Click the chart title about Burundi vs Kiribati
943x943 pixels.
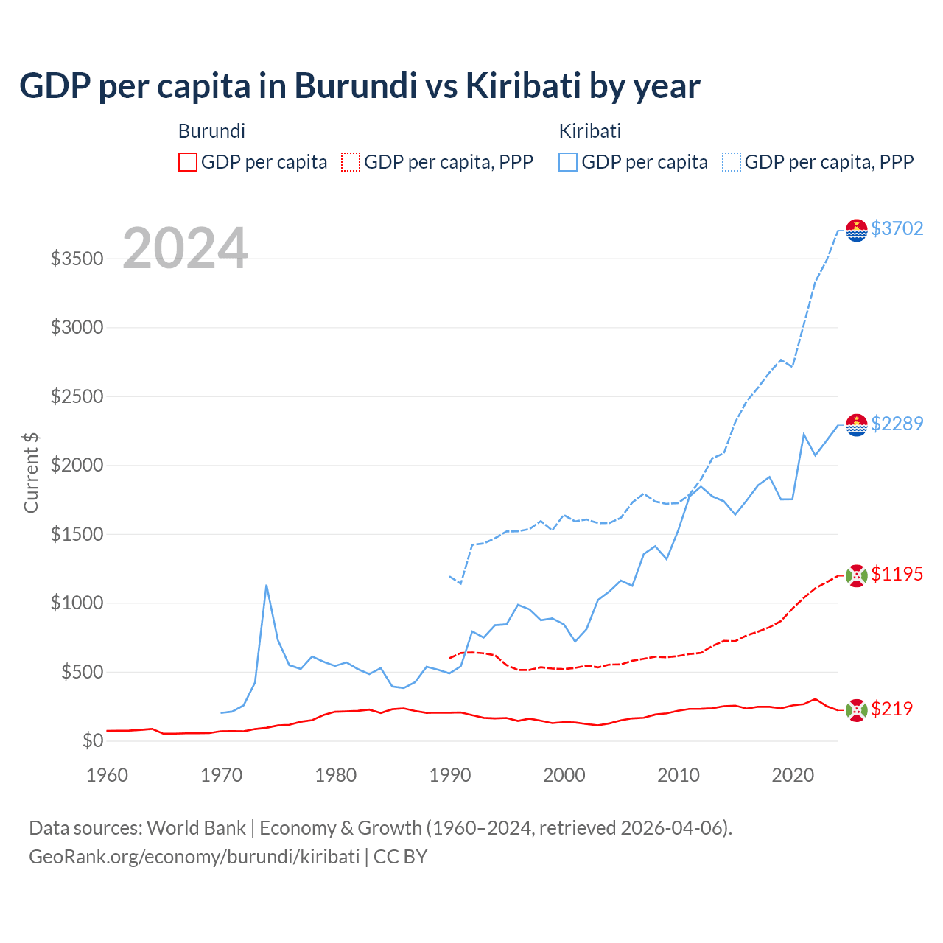point(360,86)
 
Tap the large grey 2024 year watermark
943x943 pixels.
point(185,248)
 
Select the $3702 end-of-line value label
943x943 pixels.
point(897,228)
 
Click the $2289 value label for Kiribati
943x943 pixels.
point(897,424)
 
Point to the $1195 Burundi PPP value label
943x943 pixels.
point(897,574)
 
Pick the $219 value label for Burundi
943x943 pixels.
point(891,709)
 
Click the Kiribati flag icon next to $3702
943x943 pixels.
point(856,230)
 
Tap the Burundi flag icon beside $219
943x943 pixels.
point(856,710)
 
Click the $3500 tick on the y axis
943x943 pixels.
point(77,259)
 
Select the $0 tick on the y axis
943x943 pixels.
point(92,740)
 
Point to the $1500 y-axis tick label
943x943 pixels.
point(77,534)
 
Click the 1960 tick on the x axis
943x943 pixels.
point(108,775)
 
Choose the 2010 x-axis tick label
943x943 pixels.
point(679,775)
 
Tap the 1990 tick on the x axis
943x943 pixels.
point(450,775)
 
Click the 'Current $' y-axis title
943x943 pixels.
point(31,472)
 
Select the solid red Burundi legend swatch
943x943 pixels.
point(188,162)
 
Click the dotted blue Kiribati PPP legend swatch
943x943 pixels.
point(732,162)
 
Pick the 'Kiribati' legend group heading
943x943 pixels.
point(589,131)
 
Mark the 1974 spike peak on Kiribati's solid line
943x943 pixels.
point(266,585)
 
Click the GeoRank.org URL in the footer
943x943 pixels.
point(194,857)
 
